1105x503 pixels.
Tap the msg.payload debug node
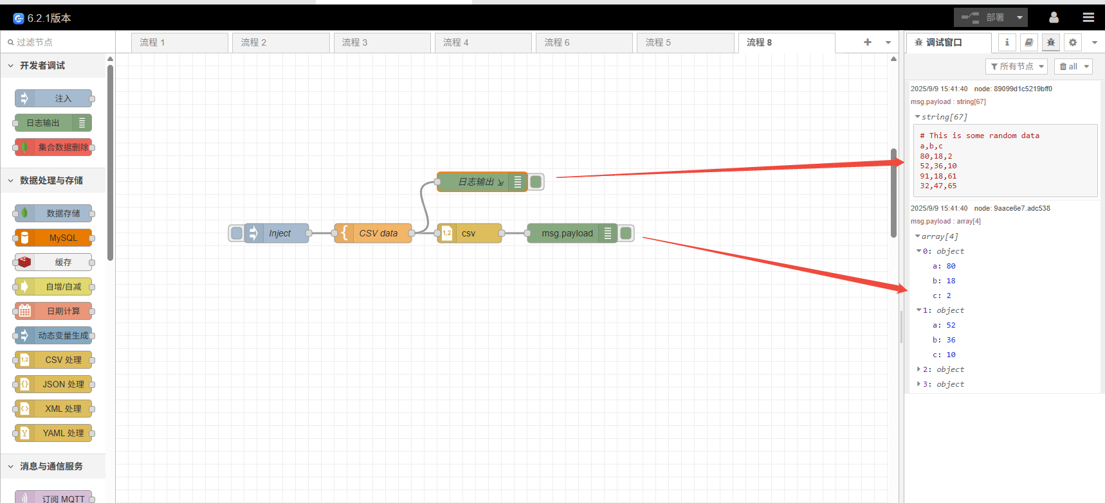coord(567,233)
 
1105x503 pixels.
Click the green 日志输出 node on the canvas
coord(479,182)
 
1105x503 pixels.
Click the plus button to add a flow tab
coord(867,42)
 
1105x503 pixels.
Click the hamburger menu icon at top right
coord(1088,17)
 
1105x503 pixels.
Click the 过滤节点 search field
coord(58,42)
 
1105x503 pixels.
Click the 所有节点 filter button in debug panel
coord(1016,66)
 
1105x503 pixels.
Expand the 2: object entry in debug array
coord(918,369)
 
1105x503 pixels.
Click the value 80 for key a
coord(951,266)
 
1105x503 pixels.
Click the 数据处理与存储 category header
coord(51,181)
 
